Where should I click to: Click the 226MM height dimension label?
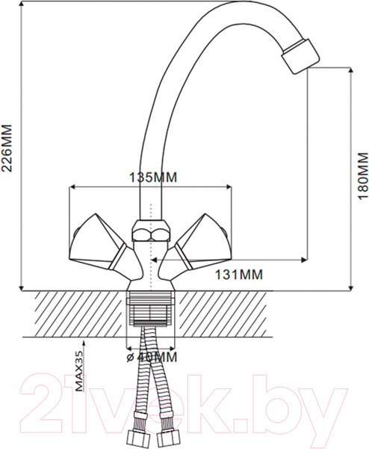coord(9,148)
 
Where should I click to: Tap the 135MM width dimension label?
coord(155,177)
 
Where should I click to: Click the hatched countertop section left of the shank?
coord(75,314)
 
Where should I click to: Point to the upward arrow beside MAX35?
coord(84,345)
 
